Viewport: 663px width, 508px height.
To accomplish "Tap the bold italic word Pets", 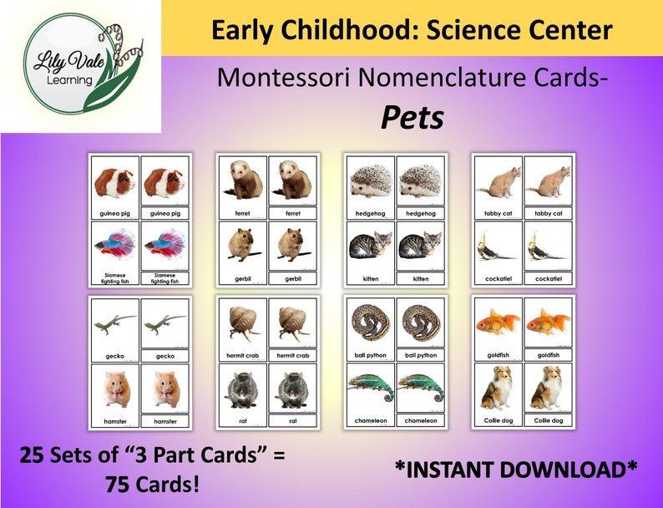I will tap(412, 118).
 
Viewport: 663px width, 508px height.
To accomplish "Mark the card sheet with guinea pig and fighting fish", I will tap(140, 220).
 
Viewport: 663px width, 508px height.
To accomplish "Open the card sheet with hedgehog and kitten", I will tap(395, 220).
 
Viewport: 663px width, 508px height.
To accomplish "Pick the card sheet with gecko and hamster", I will tap(140, 362).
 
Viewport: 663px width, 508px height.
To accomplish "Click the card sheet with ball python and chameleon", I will tap(395, 362).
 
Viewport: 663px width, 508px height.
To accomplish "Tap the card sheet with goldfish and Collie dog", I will tap(523, 362).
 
